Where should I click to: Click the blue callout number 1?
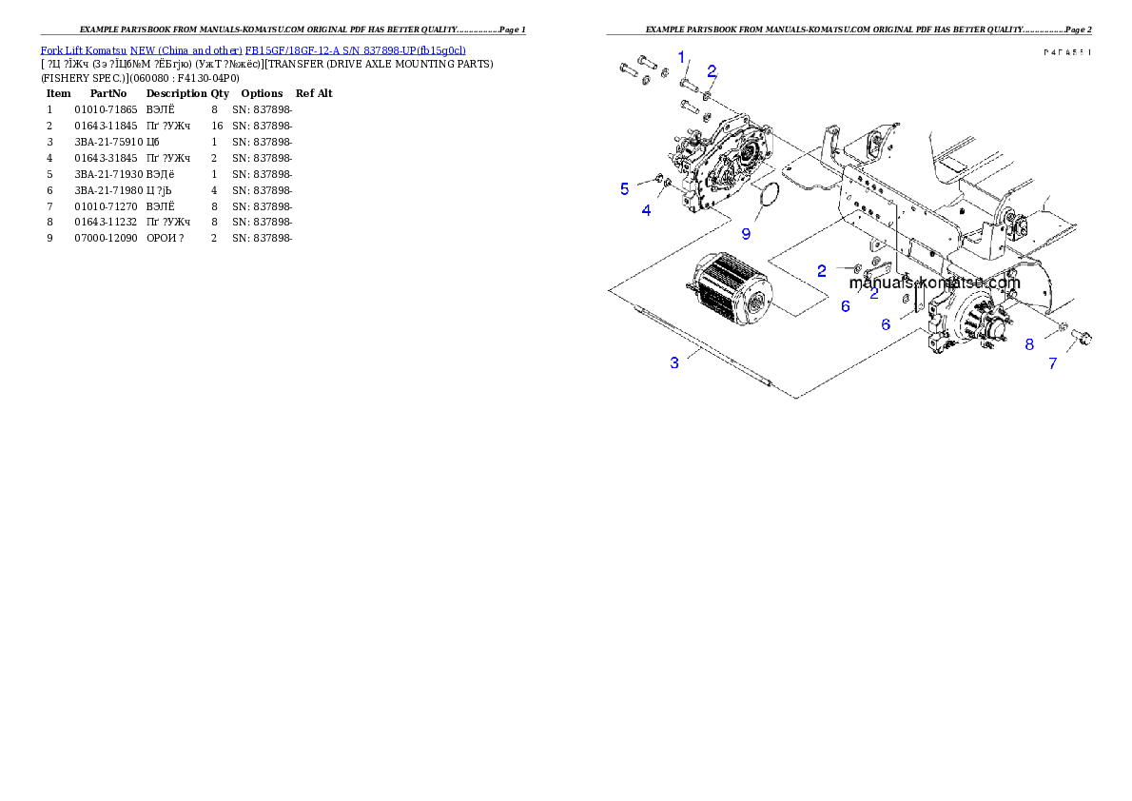[x=681, y=57]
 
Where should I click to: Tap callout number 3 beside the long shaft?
[x=674, y=362]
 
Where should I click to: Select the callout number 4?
[x=647, y=210]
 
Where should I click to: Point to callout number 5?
[x=624, y=188]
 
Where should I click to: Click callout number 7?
[x=1052, y=363]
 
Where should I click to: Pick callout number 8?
[x=1029, y=344]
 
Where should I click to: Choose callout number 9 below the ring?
[x=746, y=232]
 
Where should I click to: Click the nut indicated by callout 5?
[x=659, y=177]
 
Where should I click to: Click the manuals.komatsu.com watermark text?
[x=933, y=283]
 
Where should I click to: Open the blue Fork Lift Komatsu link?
[x=253, y=49]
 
